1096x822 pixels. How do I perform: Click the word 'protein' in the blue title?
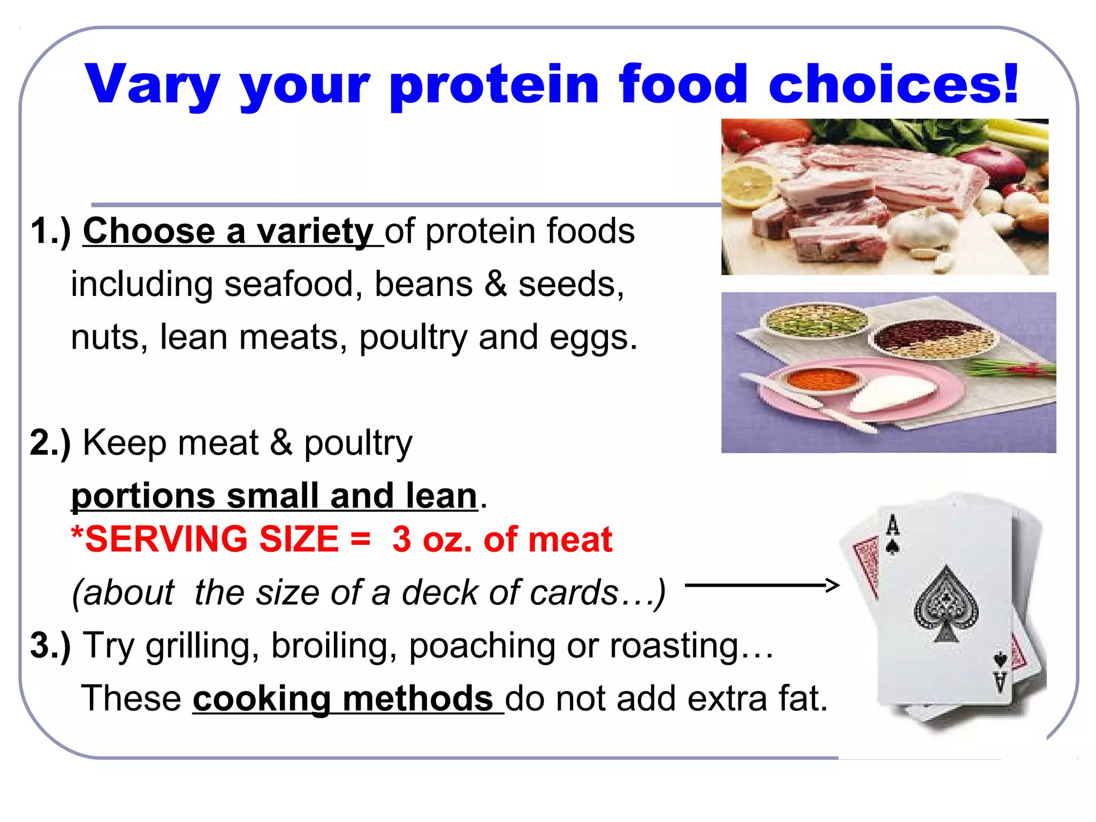(x=494, y=86)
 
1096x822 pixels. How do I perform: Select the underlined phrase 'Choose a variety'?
(x=228, y=231)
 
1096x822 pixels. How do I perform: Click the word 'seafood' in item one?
(x=289, y=284)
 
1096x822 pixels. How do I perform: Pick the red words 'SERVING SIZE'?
(x=212, y=539)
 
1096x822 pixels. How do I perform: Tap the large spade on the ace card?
(x=946, y=605)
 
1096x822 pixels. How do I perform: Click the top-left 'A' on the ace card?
(x=892, y=526)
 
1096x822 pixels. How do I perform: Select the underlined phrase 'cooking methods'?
(x=342, y=699)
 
